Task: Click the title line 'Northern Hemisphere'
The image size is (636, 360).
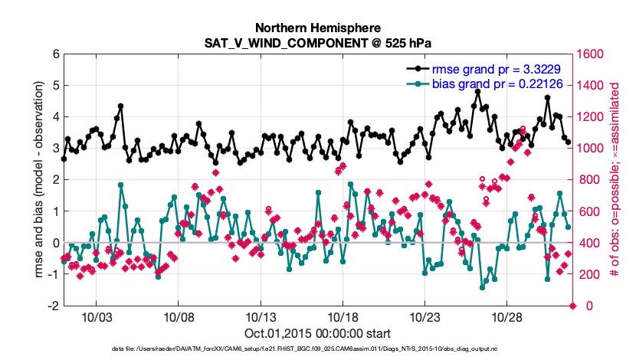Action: coord(317,27)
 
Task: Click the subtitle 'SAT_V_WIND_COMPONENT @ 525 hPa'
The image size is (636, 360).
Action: coord(317,41)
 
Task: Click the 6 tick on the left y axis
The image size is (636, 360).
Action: coord(55,54)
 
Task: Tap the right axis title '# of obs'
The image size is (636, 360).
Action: coord(614,180)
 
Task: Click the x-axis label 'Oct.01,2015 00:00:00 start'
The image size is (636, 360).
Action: coord(317,333)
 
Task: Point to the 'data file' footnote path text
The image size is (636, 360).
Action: coord(317,349)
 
